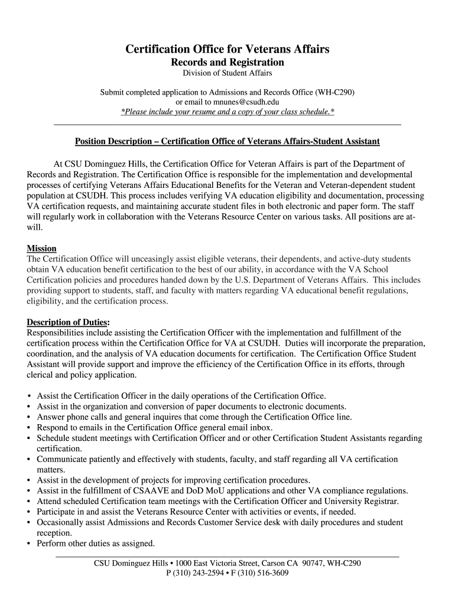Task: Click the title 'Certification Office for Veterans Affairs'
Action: (227, 49)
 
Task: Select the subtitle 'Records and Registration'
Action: (227, 62)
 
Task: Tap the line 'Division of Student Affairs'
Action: (227, 73)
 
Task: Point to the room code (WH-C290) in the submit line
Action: (335, 92)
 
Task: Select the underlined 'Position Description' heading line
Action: (227, 141)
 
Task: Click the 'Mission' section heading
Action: (41, 249)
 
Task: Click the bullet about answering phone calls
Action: (194, 417)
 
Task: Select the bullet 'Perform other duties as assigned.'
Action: (96, 543)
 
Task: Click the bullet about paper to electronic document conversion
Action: (191, 406)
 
